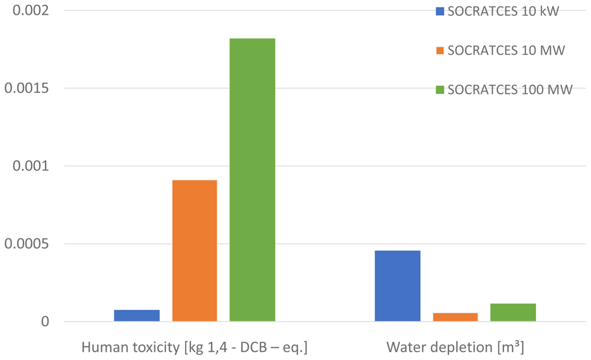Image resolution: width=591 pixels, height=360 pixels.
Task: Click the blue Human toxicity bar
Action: point(137,316)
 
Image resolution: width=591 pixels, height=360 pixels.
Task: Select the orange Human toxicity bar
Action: point(194,251)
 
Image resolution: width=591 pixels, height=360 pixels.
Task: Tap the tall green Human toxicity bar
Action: point(252,180)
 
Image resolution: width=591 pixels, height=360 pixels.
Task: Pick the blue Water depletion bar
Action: point(398,286)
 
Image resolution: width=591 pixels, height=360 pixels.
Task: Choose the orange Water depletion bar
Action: point(455,317)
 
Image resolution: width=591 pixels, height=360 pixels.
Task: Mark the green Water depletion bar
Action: point(513,312)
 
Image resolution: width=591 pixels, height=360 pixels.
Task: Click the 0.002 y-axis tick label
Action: point(31,10)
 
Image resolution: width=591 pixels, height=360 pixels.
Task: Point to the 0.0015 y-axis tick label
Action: point(27,88)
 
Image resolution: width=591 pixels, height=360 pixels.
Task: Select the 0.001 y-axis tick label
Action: point(31,166)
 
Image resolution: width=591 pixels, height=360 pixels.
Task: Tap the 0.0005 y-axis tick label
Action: point(27,244)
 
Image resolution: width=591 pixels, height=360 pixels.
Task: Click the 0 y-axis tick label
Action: point(46,322)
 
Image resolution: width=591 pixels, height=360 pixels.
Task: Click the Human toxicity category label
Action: point(194,347)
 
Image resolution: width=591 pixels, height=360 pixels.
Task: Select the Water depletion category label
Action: point(455,347)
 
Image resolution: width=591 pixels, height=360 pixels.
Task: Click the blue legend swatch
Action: point(440,11)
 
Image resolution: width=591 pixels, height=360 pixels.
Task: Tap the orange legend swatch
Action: point(440,50)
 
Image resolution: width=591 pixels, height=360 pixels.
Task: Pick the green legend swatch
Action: point(440,90)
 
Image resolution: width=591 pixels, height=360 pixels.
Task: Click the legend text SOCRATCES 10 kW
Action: point(503,11)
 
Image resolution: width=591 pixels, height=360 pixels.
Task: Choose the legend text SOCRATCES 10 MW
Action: point(506,50)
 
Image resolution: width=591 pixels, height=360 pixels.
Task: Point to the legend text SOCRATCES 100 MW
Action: point(510,90)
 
